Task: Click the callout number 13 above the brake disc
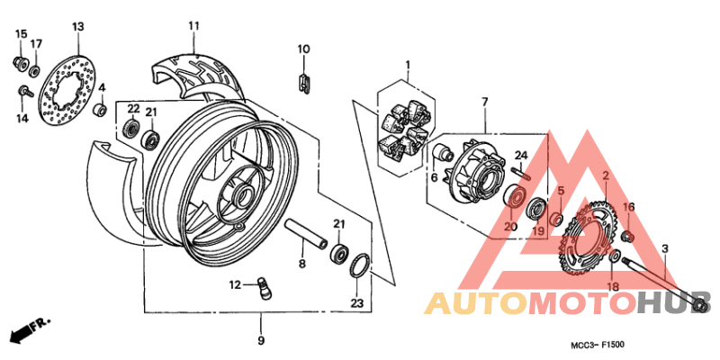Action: pyautogui.click(x=77, y=26)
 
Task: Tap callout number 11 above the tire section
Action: pyautogui.click(x=193, y=26)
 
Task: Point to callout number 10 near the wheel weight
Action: pyautogui.click(x=303, y=49)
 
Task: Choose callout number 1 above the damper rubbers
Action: pyautogui.click(x=407, y=65)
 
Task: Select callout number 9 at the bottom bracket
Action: pyautogui.click(x=260, y=340)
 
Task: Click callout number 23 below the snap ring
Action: pyautogui.click(x=355, y=303)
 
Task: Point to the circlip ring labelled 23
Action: pyautogui.click(x=357, y=266)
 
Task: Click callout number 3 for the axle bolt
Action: pyautogui.click(x=664, y=247)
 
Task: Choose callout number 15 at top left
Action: pyautogui.click(x=19, y=34)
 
